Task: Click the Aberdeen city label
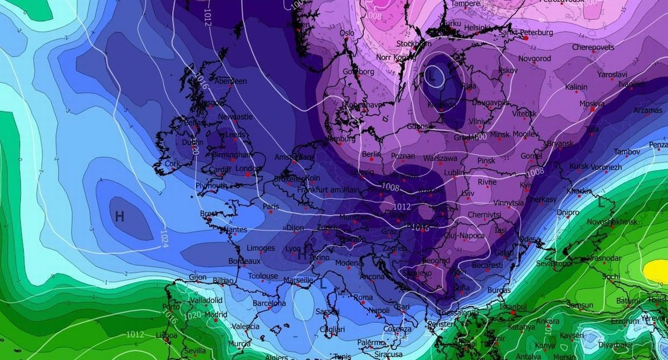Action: coord(230,81)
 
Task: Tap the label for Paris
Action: coord(271,206)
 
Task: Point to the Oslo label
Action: coord(347,33)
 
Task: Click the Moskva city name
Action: coord(592,104)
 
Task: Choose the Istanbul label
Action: coord(513,307)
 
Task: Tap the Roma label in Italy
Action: coord(363,298)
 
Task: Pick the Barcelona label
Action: coord(269,304)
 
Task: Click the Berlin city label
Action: coord(371,154)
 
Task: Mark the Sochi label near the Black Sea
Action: coord(611,277)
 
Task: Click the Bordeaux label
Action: coord(244,261)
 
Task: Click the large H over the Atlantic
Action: coord(119,216)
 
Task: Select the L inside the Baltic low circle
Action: coord(431,77)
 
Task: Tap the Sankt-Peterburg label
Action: coord(526,33)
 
